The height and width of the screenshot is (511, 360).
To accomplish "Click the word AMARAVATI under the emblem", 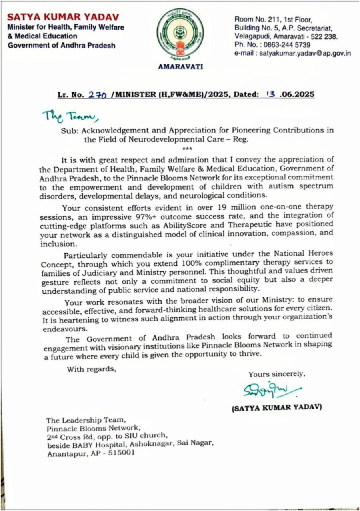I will click(180, 67).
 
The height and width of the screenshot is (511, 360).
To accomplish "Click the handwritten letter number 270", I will click(96, 95).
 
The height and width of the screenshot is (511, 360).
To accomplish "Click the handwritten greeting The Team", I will click(70, 116).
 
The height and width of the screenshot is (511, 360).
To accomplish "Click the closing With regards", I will click(91, 369).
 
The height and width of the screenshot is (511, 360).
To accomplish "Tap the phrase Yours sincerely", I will click(277, 374).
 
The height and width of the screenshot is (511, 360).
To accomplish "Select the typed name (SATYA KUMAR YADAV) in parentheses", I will click(277, 408).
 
